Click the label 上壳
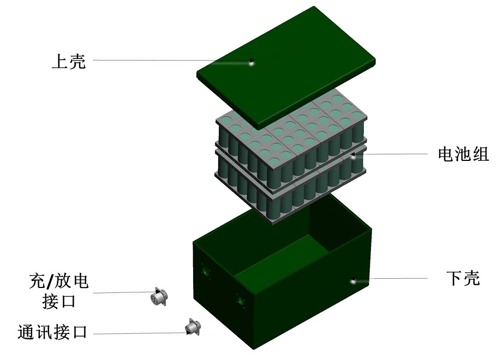69,61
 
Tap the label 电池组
463,154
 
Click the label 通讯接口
52,332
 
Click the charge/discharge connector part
159,296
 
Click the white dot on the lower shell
353,281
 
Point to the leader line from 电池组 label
393,154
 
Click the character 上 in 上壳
59,61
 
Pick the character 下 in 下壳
454,278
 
